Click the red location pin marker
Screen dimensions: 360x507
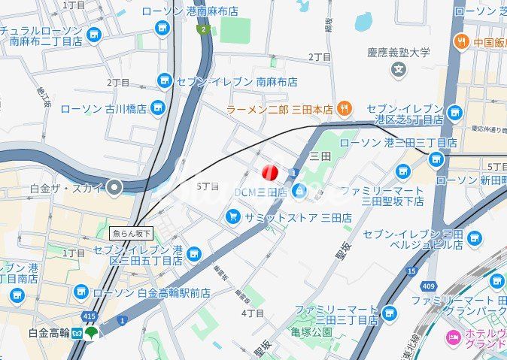(x=270, y=173)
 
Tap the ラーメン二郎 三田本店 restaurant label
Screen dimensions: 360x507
(x=280, y=110)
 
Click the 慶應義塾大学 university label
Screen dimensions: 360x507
(x=399, y=53)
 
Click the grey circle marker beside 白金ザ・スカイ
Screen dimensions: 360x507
(x=114, y=187)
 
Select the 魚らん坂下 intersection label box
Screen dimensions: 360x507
(x=132, y=233)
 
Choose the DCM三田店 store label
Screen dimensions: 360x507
(x=260, y=192)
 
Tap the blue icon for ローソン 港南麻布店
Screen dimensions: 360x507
(x=162, y=28)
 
